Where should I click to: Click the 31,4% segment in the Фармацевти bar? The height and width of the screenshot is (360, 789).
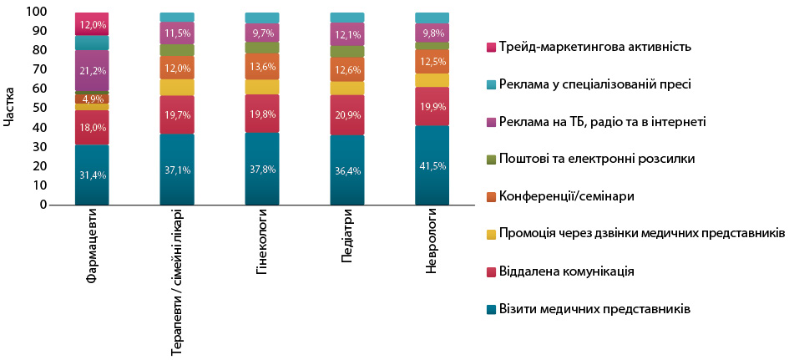[92, 175]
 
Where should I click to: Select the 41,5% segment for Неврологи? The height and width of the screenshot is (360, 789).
[432, 165]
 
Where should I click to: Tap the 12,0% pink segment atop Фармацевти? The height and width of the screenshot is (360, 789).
[92, 24]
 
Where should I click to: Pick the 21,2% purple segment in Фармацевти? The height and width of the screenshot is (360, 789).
[92, 70]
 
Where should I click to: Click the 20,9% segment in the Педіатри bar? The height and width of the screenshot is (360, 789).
[347, 114]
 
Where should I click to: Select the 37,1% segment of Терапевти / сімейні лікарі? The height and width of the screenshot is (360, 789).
[177, 170]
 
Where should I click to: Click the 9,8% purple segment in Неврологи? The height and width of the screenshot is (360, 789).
[432, 33]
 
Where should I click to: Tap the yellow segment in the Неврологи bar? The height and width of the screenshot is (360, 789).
[432, 80]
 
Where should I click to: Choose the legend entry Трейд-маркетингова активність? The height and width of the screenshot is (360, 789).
[594, 46]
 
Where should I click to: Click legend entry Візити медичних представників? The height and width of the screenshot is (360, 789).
[594, 309]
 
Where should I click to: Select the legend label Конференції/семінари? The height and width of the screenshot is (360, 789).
[566, 196]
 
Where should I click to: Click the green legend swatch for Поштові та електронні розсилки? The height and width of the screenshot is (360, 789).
[491, 160]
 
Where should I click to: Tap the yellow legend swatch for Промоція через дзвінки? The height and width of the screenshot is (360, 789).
[491, 235]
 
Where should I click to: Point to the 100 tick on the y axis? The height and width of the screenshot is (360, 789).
[37, 13]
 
